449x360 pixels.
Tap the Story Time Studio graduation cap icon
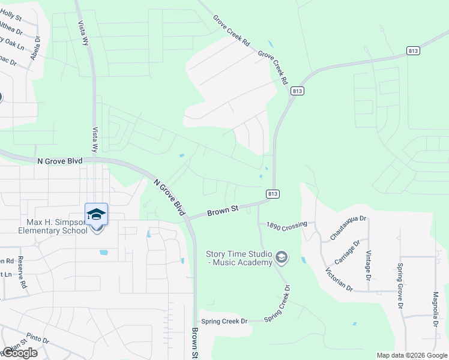coord(280,258)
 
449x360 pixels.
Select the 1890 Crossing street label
coord(283,224)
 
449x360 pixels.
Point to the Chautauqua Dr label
coord(348,227)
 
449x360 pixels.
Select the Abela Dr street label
coord(37,49)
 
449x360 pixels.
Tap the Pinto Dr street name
coord(37,339)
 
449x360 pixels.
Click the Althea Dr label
coord(10,27)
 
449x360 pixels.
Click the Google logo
coord(20,353)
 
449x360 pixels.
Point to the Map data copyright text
coord(412,355)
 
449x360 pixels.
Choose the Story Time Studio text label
coord(238,259)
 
